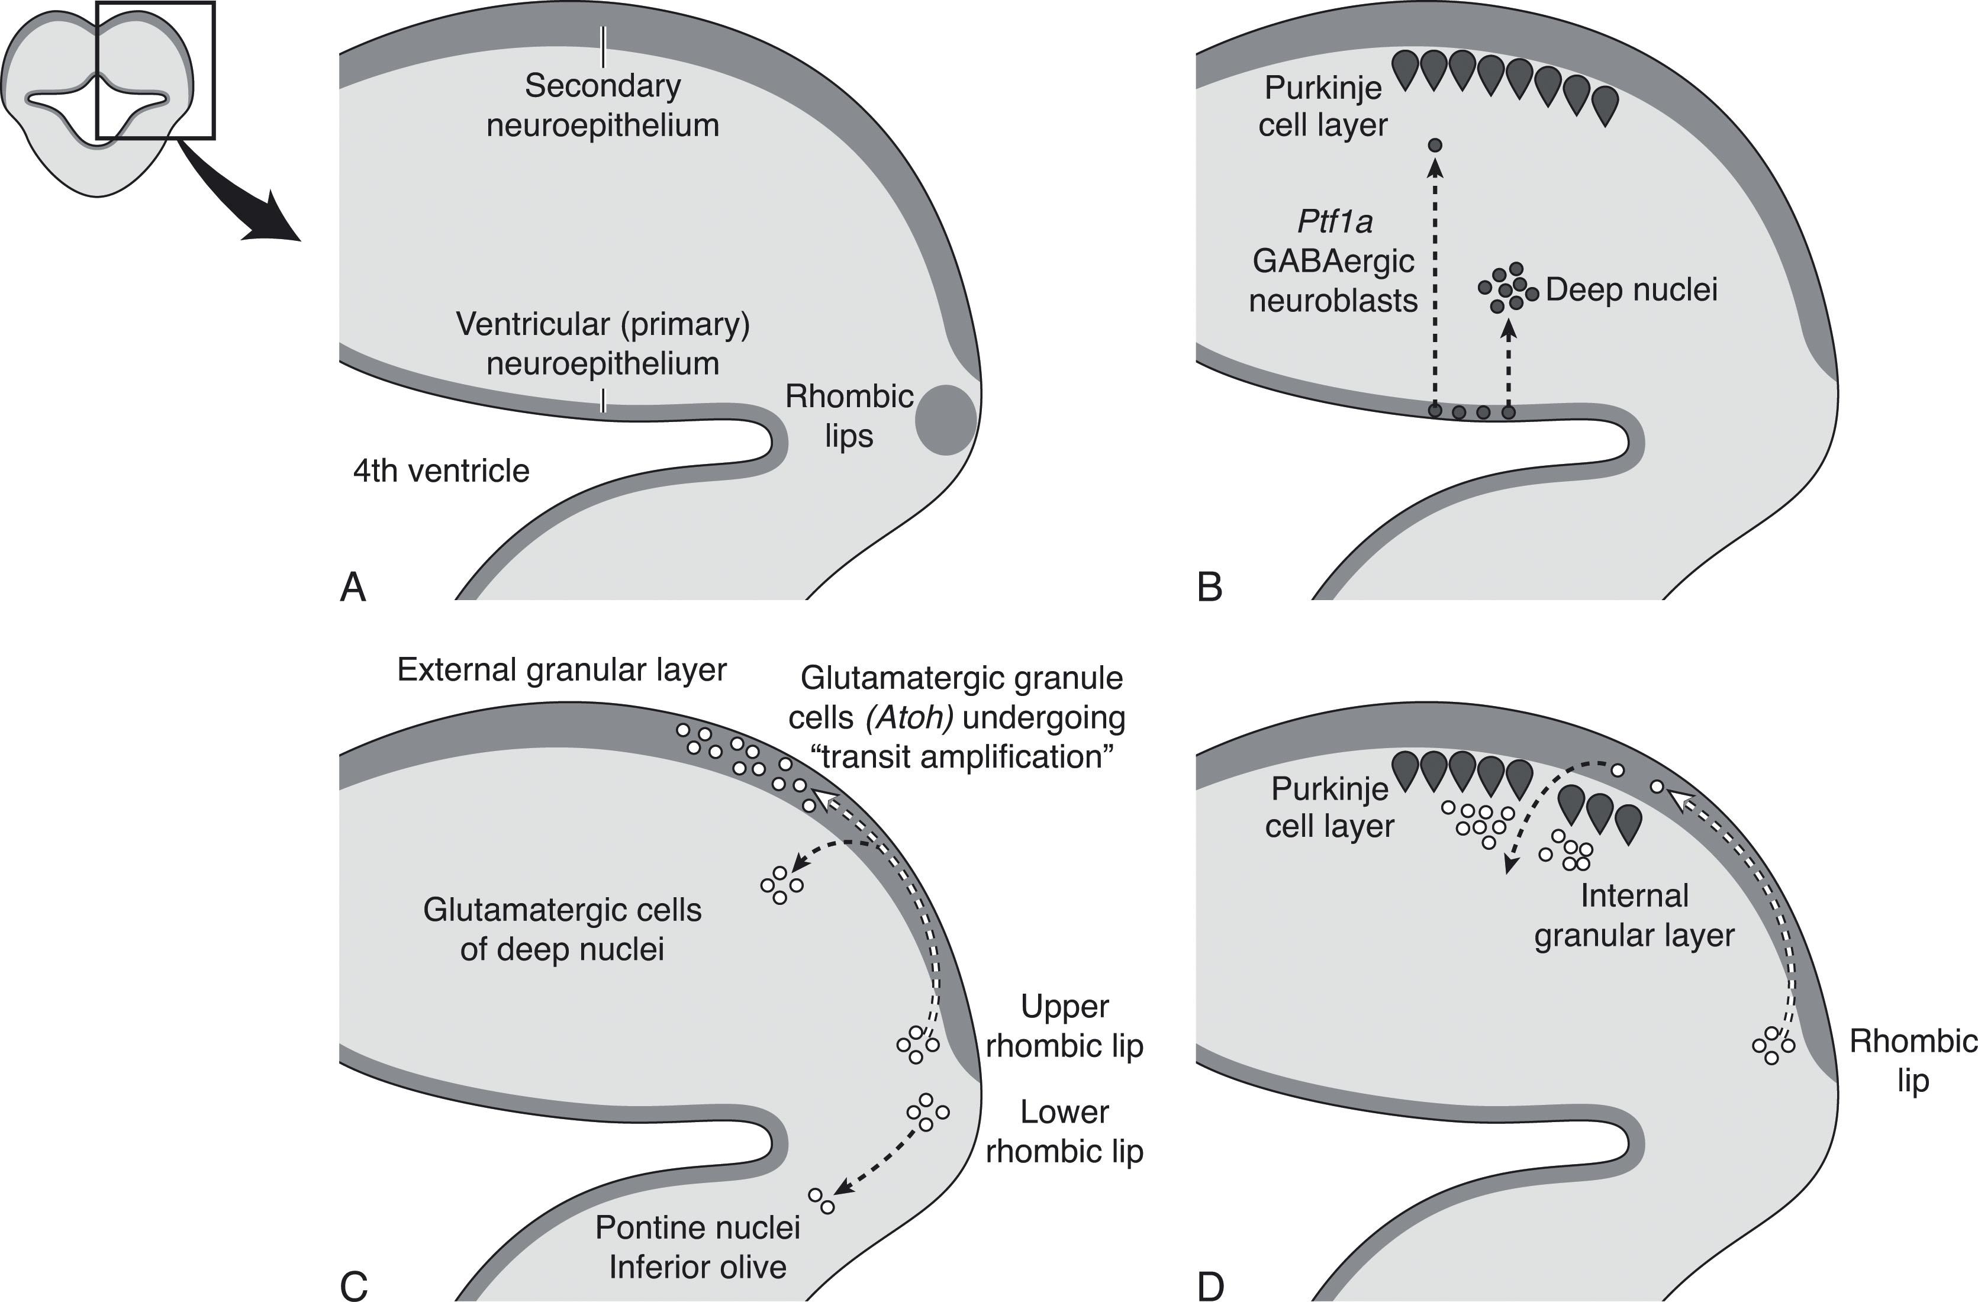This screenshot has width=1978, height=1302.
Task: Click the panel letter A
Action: tap(353, 588)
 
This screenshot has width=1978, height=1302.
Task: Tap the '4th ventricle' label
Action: tap(442, 471)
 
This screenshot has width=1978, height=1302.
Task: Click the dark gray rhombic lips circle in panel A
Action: tap(946, 420)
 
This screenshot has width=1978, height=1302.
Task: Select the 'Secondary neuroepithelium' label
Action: tap(603, 105)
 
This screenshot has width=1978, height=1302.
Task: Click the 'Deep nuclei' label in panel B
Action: tap(1631, 290)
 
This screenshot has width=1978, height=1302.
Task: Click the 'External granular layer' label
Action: tap(562, 670)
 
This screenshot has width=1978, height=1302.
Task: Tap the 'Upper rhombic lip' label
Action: tap(1065, 1026)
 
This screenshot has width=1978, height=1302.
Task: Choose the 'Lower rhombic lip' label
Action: tap(1065, 1132)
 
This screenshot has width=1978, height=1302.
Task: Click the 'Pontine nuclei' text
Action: tap(697, 1228)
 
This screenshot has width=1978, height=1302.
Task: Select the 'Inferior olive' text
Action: tap(697, 1267)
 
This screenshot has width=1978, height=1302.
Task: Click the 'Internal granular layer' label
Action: tap(1634, 916)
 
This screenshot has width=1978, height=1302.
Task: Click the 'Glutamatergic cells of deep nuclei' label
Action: tap(562, 930)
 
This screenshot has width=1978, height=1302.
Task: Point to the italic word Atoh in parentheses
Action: tap(909, 718)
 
